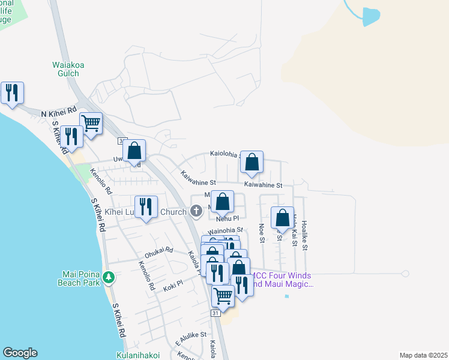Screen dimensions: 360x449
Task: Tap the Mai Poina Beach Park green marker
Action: click(x=109, y=277)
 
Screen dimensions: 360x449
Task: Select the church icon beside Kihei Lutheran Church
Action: click(x=196, y=211)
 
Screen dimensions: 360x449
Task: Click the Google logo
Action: click(x=20, y=353)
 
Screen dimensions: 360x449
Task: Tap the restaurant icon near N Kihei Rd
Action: click(x=12, y=93)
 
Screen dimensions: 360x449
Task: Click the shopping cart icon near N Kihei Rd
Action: click(x=91, y=124)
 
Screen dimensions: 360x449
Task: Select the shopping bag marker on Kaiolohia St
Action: click(x=252, y=161)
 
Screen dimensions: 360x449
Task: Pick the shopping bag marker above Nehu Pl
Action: click(x=222, y=202)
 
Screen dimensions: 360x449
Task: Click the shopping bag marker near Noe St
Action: click(x=282, y=218)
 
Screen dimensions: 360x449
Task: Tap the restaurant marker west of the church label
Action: click(x=146, y=208)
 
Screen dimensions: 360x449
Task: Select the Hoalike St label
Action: click(x=304, y=235)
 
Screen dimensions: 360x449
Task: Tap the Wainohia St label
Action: click(x=225, y=230)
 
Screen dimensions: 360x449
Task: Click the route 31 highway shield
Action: click(x=215, y=314)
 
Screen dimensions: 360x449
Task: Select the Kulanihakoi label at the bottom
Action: click(x=139, y=355)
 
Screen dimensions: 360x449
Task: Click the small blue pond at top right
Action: click(x=371, y=16)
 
